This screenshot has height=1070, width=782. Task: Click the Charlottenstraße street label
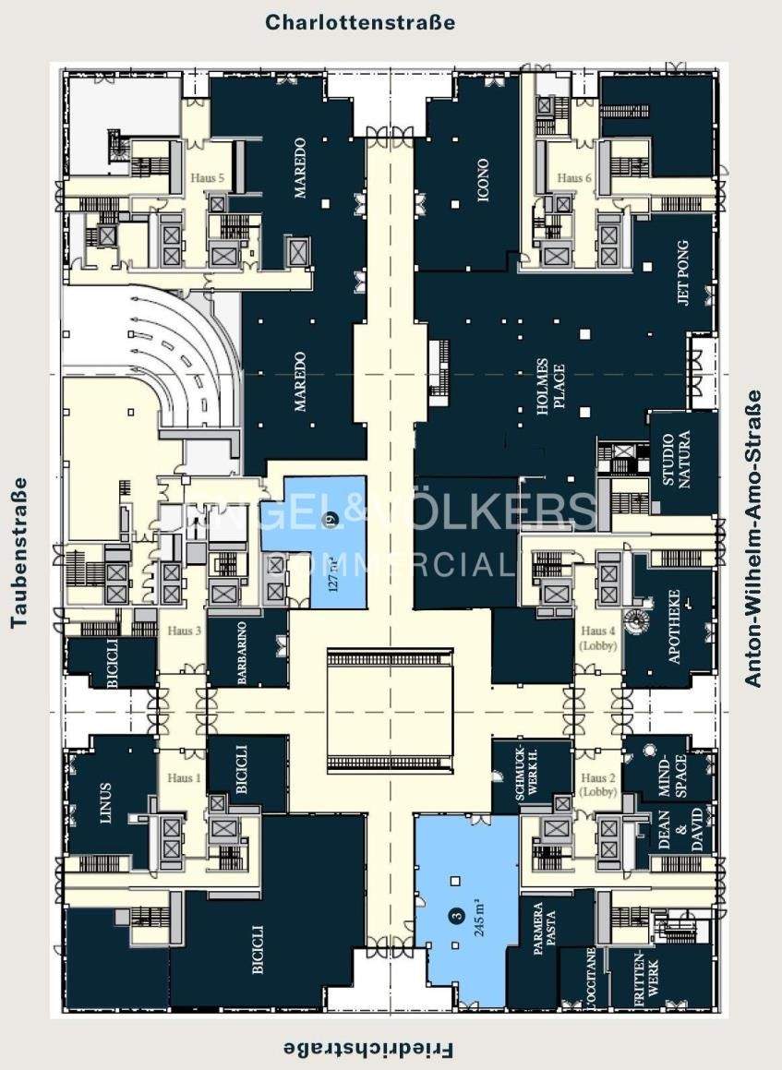pos(360,22)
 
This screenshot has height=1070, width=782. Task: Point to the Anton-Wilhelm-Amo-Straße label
pos(754,538)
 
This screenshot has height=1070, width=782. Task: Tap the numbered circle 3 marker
pos(455,917)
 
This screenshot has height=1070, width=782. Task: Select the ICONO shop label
pos(482,182)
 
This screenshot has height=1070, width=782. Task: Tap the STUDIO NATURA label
pos(683,463)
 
